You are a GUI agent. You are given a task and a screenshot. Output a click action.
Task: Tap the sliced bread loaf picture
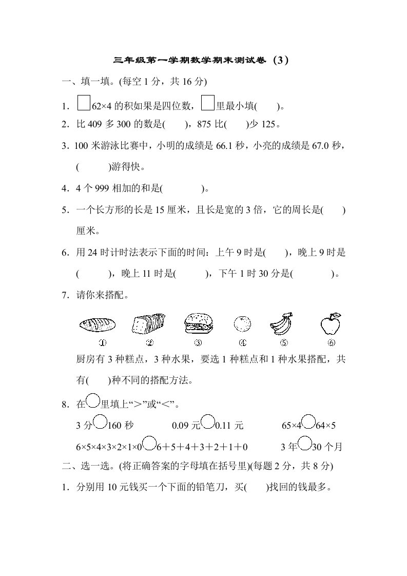point(149,323)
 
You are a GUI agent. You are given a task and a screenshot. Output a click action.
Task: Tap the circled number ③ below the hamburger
point(198,343)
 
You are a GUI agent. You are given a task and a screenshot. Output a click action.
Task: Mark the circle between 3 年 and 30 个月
point(304,443)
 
